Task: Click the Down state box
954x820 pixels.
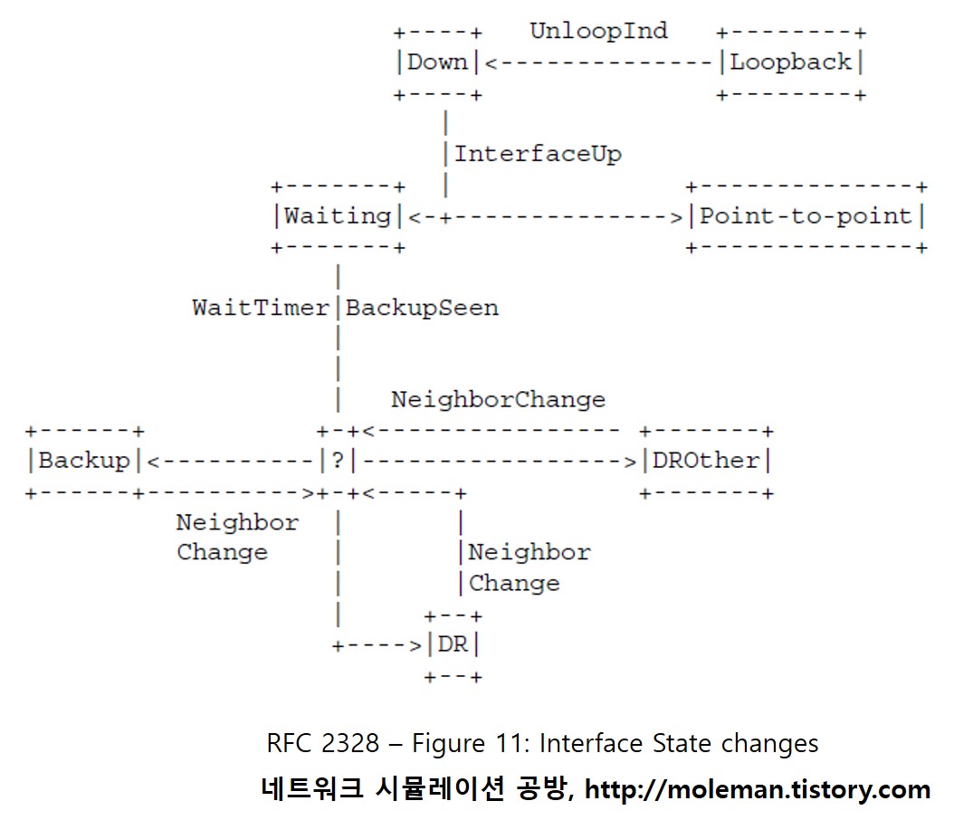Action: pos(438,62)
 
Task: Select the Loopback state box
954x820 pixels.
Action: pos(791,62)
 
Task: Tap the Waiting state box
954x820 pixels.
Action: pos(338,216)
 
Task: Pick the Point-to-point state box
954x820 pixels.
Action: pos(806,216)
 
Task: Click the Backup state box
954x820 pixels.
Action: pos(84,461)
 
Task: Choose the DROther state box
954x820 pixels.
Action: pos(707,461)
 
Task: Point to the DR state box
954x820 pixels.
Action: pos(453,645)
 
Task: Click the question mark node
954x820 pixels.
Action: pos(338,461)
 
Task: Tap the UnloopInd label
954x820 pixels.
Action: pos(598,31)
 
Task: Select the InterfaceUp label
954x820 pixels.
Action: pos(538,154)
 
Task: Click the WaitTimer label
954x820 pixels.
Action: pos(261,308)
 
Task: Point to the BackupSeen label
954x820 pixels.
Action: pos(422,308)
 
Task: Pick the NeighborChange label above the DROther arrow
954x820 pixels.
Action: pos(498,399)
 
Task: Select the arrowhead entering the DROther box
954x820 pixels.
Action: pos(630,461)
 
